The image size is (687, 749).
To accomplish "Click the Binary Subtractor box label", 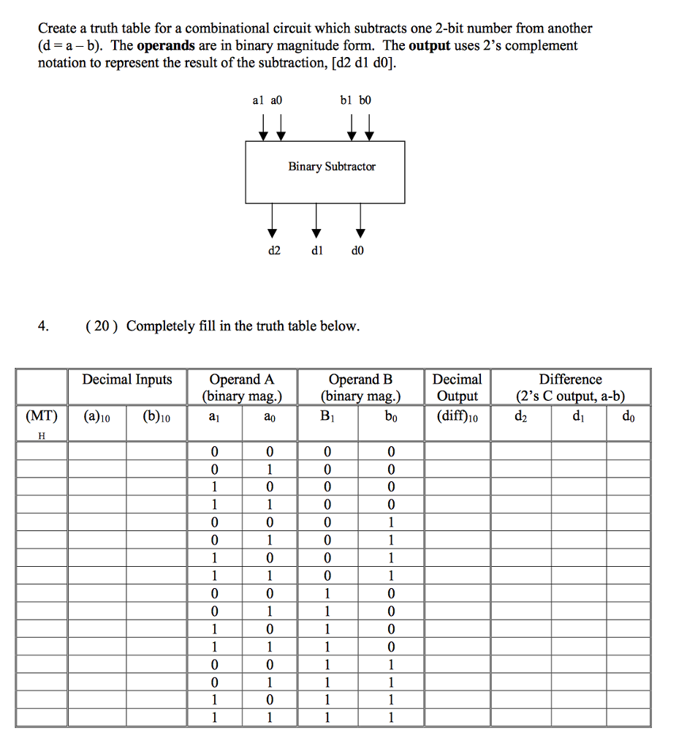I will click(332, 167).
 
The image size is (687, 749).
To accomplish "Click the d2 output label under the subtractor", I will click(273, 251).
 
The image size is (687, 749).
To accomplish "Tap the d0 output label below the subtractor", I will click(357, 251).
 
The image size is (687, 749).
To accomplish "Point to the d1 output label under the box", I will click(316, 251).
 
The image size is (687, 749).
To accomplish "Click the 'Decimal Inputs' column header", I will click(127, 380).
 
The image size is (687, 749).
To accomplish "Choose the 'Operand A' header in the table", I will click(242, 380).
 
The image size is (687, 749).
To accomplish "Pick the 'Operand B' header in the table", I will click(361, 380).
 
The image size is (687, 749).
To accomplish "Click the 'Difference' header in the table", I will click(571, 380).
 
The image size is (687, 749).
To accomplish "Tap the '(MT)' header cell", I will click(42, 416).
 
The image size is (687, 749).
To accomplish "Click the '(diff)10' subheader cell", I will click(458, 416).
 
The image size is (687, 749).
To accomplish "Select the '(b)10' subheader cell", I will click(156, 416).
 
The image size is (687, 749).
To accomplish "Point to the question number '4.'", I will click(45, 326).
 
